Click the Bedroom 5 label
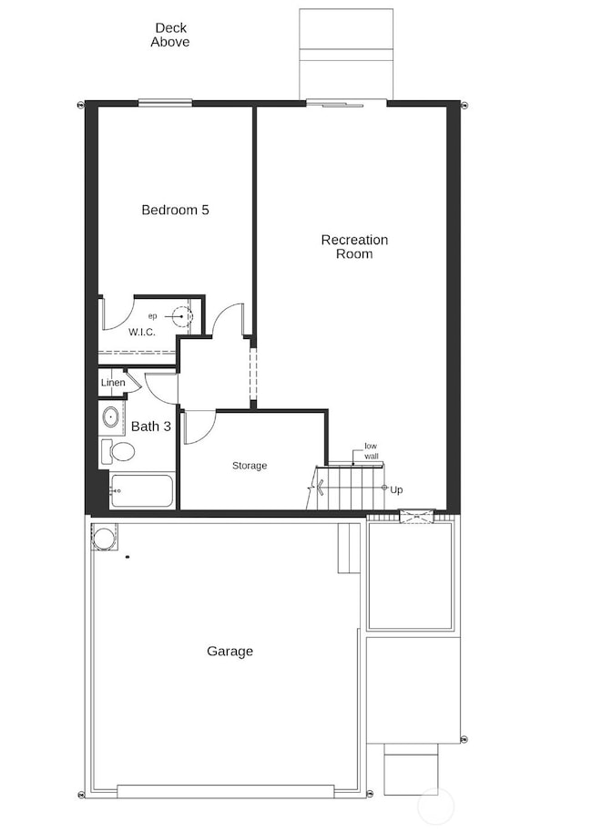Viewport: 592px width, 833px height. click(x=175, y=210)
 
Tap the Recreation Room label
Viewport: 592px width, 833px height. click(x=354, y=247)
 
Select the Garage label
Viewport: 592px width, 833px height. click(x=230, y=651)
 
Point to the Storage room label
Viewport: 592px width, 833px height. click(x=249, y=466)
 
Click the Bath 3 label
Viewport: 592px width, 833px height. click(x=151, y=426)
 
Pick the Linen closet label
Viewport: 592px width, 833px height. click(x=113, y=383)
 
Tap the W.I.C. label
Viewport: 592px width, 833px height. click(x=141, y=332)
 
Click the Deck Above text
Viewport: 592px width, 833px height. click(x=170, y=36)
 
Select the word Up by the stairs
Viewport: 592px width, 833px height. click(x=396, y=489)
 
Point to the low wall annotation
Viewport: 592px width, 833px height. click(x=371, y=450)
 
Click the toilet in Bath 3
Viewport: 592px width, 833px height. click(x=118, y=450)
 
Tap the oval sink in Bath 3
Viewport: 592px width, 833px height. click(x=110, y=418)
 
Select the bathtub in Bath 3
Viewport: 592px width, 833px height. click(x=142, y=490)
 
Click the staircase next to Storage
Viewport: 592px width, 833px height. click(x=352, y=488)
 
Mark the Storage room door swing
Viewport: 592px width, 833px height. click(x=198, y=427)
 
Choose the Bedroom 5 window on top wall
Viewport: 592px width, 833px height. click(x=165, y=102)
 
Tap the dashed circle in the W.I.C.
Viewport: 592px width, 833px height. click(x=182, y=316)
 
